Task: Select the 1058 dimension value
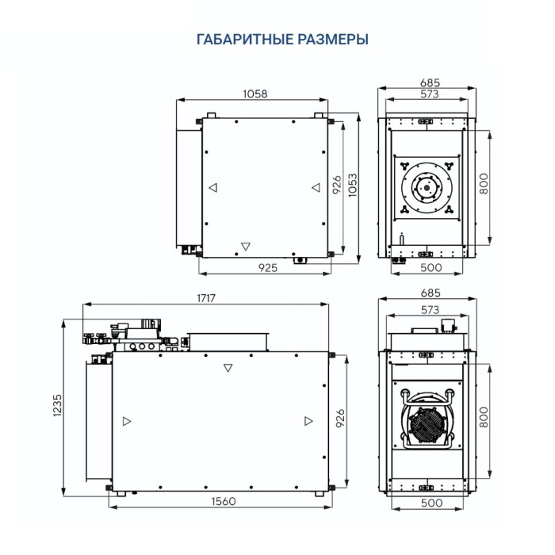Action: click(254, 94)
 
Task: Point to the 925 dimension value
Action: click(267, 268)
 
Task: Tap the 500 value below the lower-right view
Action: click(430, 503)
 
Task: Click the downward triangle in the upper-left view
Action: click(245, 245)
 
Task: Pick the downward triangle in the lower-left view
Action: click(228, 368)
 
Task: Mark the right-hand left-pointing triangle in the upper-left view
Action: click(315, 188)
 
